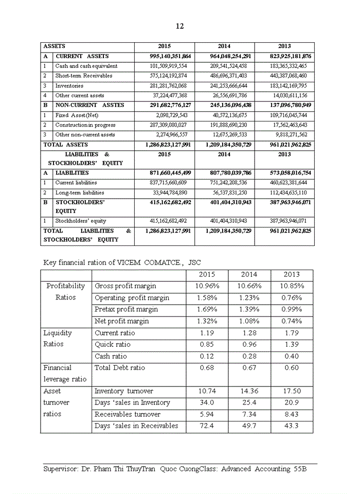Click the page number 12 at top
coord(179,26)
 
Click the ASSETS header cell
coord(55,46)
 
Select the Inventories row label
coord(69,86)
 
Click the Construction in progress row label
coord(85,125)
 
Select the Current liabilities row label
coord(76,183)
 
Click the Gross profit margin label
coord(125,286)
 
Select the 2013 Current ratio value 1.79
coord(292,333)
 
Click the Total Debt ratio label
coord(120,368)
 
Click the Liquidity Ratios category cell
coord(58,339)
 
